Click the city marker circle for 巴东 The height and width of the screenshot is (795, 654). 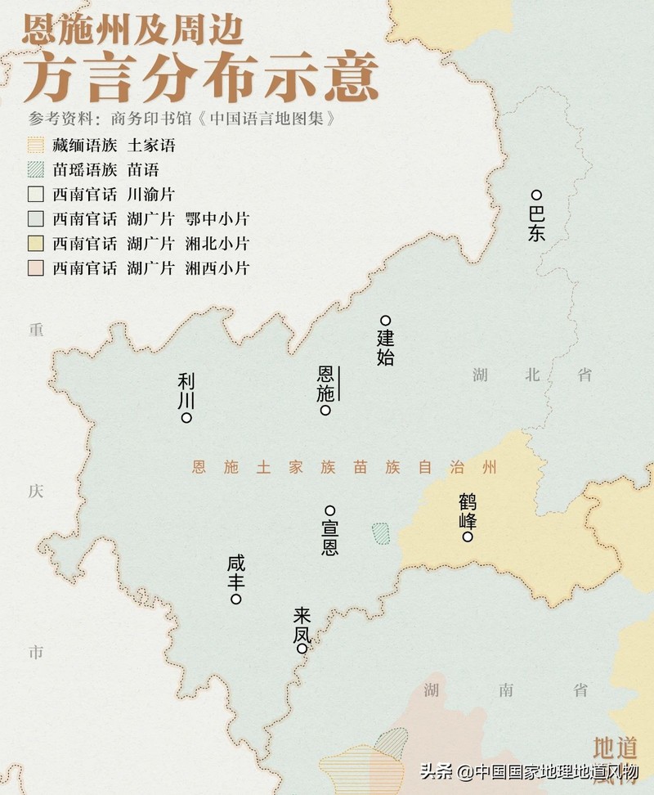[x=536, y=195]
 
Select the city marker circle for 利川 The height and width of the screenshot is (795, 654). [x=186, y=418]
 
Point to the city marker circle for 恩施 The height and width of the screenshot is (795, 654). [x=325, y=411]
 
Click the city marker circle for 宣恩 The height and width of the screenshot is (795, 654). [x=330, y=510]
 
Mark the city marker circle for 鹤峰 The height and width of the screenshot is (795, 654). [x=467, y=537]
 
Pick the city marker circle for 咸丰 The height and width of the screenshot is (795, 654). [x=236, y=600]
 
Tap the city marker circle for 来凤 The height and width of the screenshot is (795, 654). [x=302, y=649]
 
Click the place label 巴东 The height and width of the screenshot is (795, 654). [x=536, y=223]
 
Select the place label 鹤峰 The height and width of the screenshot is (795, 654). [x=467, y=511]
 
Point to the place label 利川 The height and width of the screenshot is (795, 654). [x=186, y=390]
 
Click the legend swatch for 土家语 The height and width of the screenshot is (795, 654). [x=34, y=146]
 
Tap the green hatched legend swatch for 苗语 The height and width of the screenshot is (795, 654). [x=34, y=170]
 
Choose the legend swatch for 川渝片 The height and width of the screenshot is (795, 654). [x=34, y=195]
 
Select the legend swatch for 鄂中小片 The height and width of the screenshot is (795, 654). [x=34, y=219]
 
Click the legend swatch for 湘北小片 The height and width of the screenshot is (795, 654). [x=34, y=244]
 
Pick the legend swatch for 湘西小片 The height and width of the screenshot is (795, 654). [x=34, y=267]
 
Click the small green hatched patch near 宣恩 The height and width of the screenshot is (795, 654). [x=380, y=534]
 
